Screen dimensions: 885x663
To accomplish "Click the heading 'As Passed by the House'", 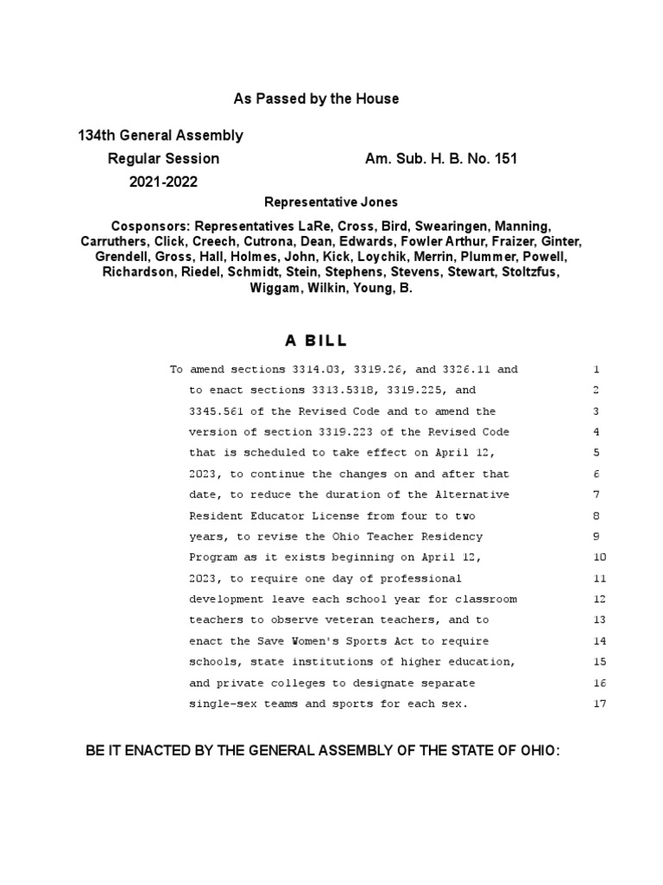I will [316, 99].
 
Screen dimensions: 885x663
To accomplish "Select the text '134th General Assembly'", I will [161, 136].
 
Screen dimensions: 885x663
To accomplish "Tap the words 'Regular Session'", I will [163, 159].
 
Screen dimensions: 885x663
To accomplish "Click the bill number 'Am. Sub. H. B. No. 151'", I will [441, 159].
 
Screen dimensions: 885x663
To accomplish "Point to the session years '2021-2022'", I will [163, 182].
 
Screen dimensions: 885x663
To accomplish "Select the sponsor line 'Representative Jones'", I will [331, 202].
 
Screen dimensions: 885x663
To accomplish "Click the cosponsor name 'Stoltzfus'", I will [529, 272].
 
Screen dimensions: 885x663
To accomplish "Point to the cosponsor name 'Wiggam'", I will [274, 288].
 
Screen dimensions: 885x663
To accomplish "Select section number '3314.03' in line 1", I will [291, 370].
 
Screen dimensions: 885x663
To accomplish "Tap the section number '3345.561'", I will [216, 411].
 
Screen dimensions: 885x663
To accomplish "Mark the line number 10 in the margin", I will [600, 557].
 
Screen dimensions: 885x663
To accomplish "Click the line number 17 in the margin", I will [600, 704].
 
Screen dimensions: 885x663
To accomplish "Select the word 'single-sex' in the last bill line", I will [219, 704].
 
